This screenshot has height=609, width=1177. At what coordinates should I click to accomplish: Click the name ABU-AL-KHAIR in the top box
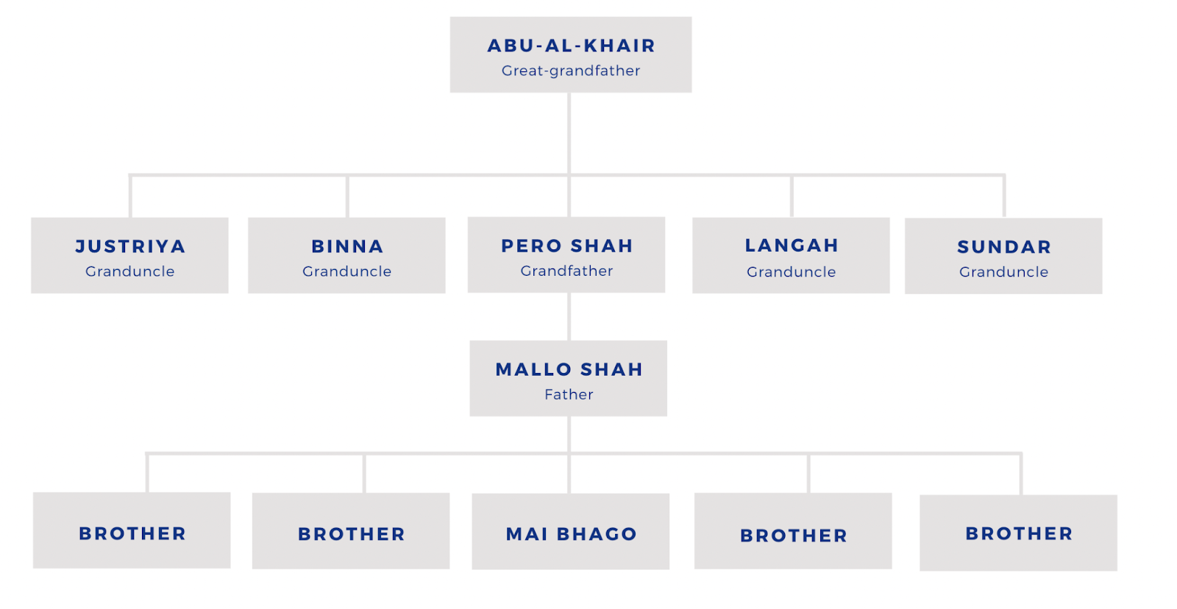tap(571, 46)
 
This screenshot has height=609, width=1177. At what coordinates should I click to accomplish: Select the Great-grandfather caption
tap(571, 71)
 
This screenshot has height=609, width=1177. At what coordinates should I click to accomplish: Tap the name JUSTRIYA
tap(130, 246)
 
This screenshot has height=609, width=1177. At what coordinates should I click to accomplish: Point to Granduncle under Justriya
tap(130, 271)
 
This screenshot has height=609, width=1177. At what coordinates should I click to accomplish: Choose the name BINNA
tap(347, 246)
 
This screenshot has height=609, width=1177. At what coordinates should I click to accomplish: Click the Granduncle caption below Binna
tap(347, 271)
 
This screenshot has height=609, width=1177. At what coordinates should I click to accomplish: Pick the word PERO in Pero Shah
tap(531, 246)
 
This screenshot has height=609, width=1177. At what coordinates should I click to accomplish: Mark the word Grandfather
tap(566, 271)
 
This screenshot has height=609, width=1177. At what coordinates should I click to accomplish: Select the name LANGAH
tap(792, 246)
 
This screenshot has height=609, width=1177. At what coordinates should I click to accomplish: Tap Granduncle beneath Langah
tap(792, 272)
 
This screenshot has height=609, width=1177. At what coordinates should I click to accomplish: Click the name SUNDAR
tap(1004, 247)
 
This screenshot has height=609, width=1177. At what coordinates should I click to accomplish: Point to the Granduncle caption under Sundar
tap(1004, 272)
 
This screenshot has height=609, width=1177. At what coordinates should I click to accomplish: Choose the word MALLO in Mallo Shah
tap(533, 369)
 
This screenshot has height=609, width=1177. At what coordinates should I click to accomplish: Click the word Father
tap(569, 394)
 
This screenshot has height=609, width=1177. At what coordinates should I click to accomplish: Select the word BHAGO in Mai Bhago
tap(597, 534)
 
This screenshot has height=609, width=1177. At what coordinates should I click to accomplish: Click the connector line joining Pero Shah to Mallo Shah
tap(569, 316)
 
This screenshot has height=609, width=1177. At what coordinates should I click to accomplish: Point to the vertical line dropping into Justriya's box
tap(130, 196)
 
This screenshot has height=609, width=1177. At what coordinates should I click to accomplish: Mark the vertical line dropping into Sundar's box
tap(1004, 196)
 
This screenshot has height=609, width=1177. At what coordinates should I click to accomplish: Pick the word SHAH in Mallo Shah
tap(611, 369)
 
